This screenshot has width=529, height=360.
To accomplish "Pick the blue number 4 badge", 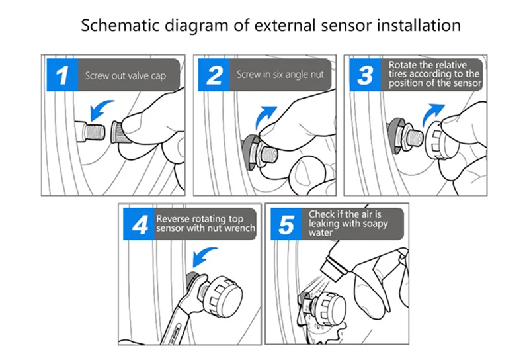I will point(140,225).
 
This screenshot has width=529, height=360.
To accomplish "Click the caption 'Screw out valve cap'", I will point(124,76).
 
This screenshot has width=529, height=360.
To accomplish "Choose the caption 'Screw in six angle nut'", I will point(280,75).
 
